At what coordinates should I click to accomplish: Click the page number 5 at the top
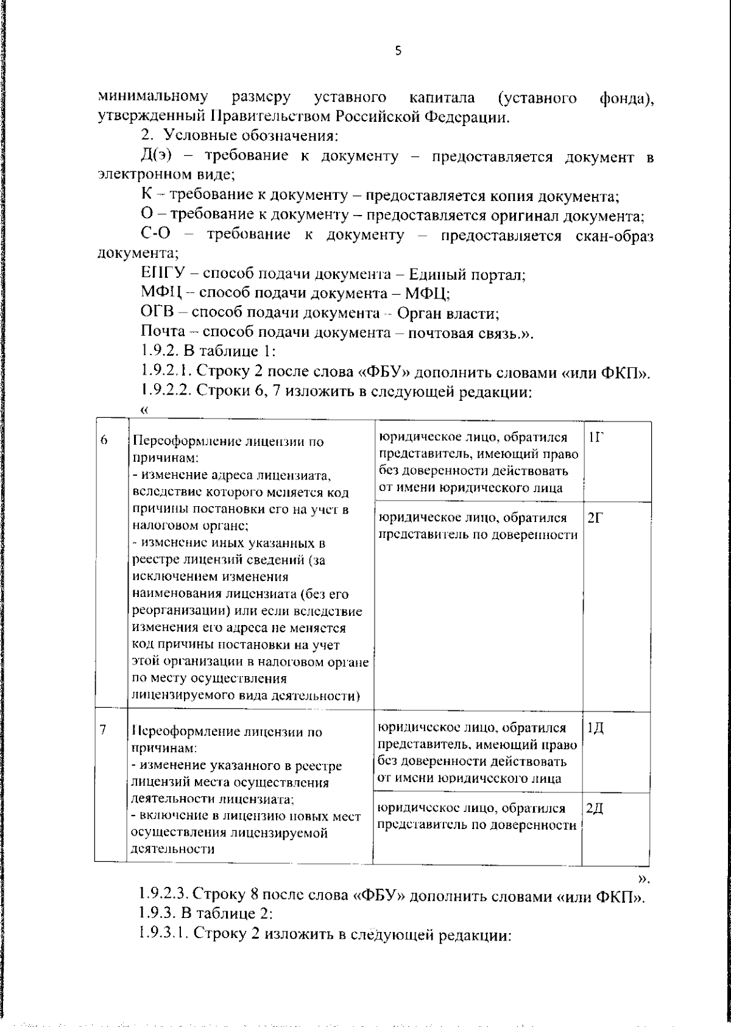(398, 51)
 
